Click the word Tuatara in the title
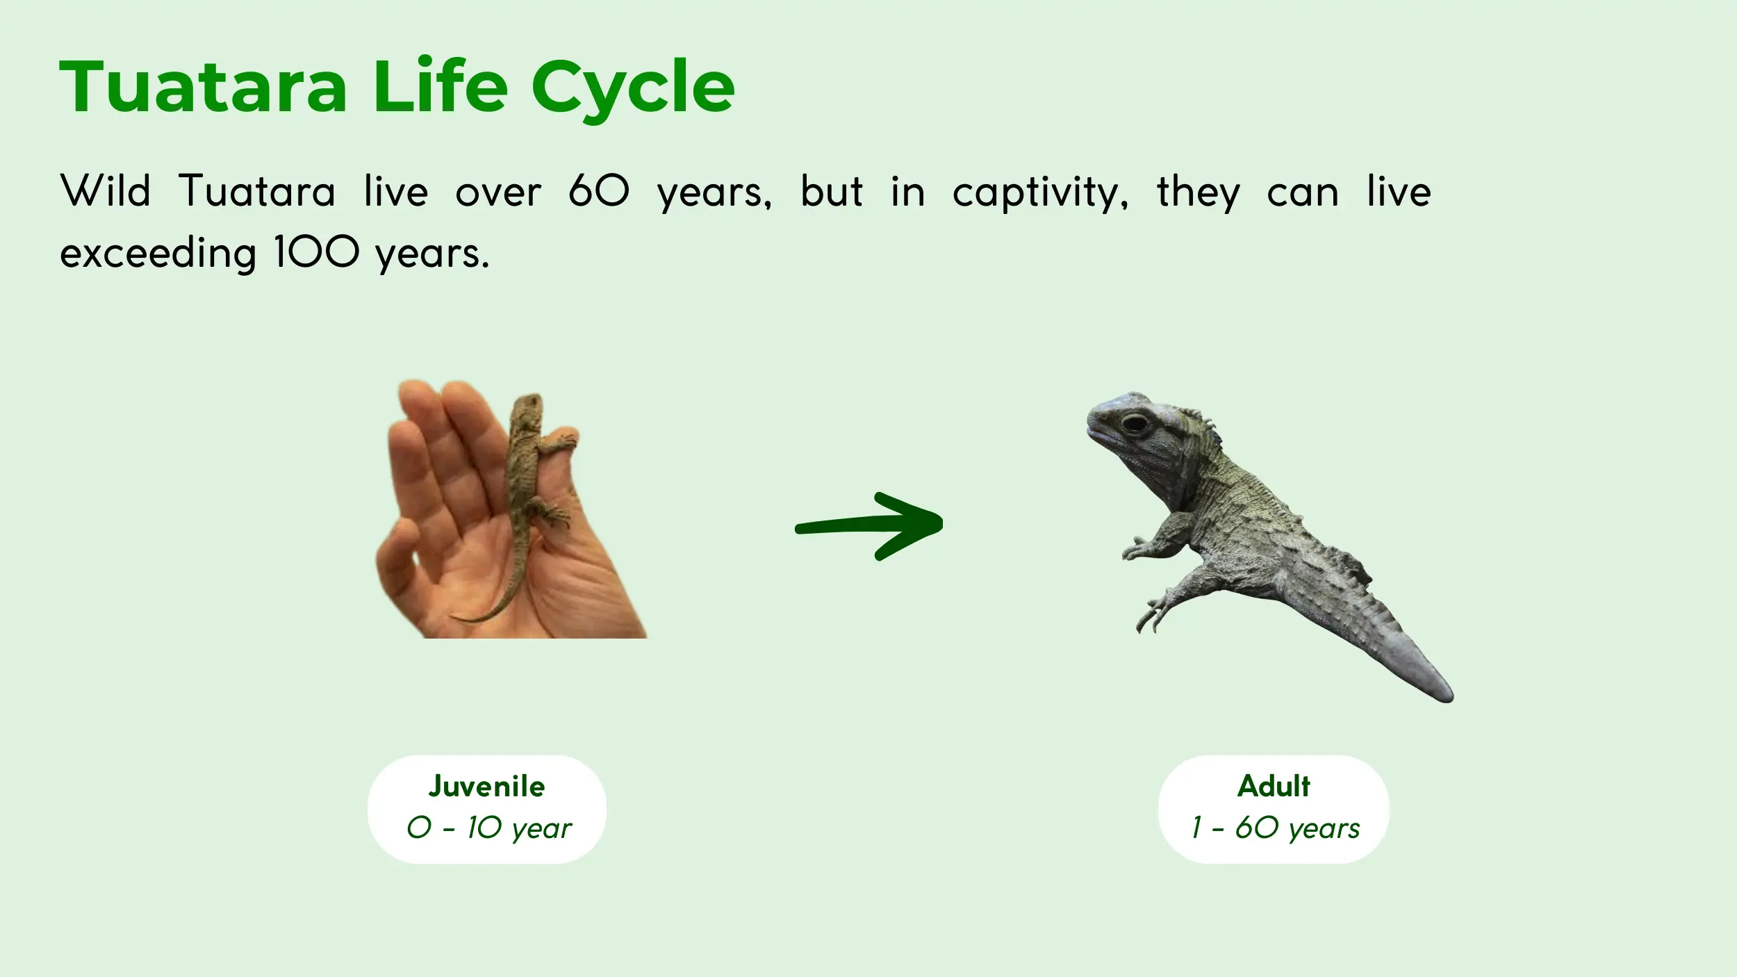203,86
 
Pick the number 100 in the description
316,252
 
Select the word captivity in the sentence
1040,192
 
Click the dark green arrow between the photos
868,525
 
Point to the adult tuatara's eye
1135,422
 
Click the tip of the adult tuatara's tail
1449,697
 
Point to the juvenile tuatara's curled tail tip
460,617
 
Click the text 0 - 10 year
489,828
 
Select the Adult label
1274,786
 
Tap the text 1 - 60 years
1275,828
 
